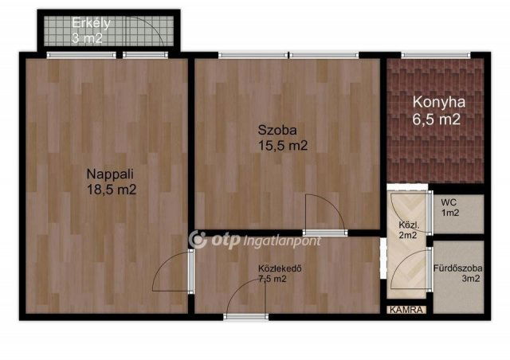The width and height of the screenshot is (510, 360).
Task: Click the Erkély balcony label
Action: (x=92, y=22)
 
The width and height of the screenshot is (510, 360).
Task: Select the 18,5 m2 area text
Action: (x=112, y=190)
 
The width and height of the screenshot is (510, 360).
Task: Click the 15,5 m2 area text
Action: (x=281, y=145)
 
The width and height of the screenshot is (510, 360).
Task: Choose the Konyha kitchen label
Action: (x=438, y=102)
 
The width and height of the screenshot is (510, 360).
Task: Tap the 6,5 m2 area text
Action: (x=438, y=119)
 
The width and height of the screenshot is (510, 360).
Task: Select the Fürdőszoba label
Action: (x=457, y=267)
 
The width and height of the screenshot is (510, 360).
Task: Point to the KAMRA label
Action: (x=407, y=309)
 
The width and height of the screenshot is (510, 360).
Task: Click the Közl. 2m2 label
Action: (x=409, y=229)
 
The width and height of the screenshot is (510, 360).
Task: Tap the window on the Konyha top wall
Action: (x=434, y=55)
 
